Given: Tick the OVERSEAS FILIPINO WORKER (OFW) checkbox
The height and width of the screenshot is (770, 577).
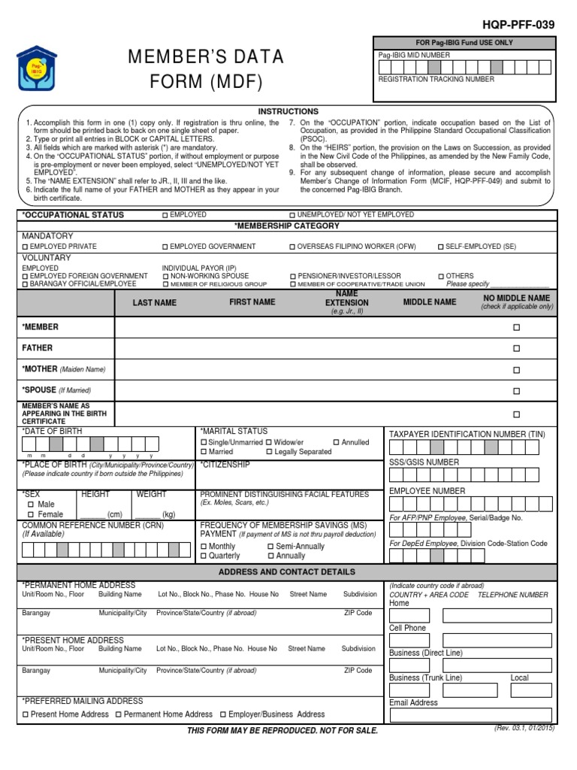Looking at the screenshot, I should click(x=293, y=247).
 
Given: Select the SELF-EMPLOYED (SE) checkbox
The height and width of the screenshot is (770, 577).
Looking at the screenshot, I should click(x=440, y=247).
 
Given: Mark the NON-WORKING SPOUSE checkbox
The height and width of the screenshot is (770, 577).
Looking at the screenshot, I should click(x=165, y=276).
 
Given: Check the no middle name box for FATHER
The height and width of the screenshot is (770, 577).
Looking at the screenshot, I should click(x=516, y=349).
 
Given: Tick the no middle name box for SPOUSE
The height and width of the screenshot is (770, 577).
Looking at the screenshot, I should click(x=516, y=391).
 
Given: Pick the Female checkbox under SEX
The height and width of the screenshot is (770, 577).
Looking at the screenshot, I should click(x=31, y=514).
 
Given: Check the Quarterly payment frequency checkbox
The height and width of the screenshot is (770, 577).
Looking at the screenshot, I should click(x=204, y=556).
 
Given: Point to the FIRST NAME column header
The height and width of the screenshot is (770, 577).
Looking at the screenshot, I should click(x=252, y=302).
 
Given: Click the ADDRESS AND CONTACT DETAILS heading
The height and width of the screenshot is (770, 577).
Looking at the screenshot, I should click(x=287, y=572).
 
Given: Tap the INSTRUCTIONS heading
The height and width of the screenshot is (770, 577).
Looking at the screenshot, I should click(x=288, y=111).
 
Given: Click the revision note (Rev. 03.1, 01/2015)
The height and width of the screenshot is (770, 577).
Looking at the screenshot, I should click(x=524, y=729).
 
